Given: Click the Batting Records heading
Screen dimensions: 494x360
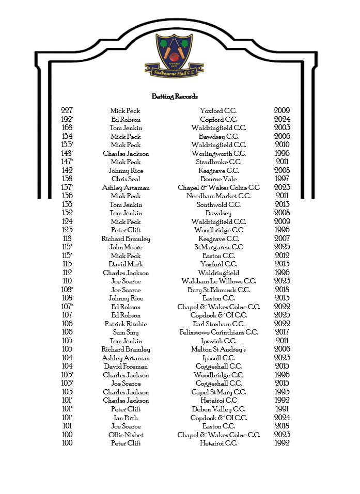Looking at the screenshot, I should pos(175,97).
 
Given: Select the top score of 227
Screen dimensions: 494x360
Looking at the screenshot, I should pos(67,110).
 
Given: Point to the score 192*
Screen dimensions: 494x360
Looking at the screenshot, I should pos(67,119).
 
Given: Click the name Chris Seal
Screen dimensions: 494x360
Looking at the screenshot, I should pos(126,179).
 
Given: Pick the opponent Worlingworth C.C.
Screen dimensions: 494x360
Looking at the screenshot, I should pos(218,153).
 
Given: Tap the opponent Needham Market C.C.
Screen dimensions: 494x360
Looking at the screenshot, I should pos(218,196).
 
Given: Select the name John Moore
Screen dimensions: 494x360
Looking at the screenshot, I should pos(126,247).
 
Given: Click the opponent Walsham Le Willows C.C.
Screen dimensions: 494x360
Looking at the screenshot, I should pos(218,281).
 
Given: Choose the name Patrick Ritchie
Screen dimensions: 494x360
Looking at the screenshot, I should pos(126,324).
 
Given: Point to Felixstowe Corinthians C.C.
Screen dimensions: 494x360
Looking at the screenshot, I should pos(218,332).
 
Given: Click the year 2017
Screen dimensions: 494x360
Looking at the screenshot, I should pos(282,332).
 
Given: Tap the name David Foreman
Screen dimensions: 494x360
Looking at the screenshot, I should pos(126,366).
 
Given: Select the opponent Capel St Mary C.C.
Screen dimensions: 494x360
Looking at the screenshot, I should pos(218,392).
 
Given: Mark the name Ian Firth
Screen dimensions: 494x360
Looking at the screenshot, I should pos(126,418).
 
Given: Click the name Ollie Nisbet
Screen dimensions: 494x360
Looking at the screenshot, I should pos(126,435).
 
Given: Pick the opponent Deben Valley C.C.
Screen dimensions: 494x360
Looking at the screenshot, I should pos(218,409).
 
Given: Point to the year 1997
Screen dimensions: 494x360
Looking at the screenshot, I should pos(282,179).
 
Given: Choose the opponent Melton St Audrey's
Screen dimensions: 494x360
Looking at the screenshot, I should pos(218,349).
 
